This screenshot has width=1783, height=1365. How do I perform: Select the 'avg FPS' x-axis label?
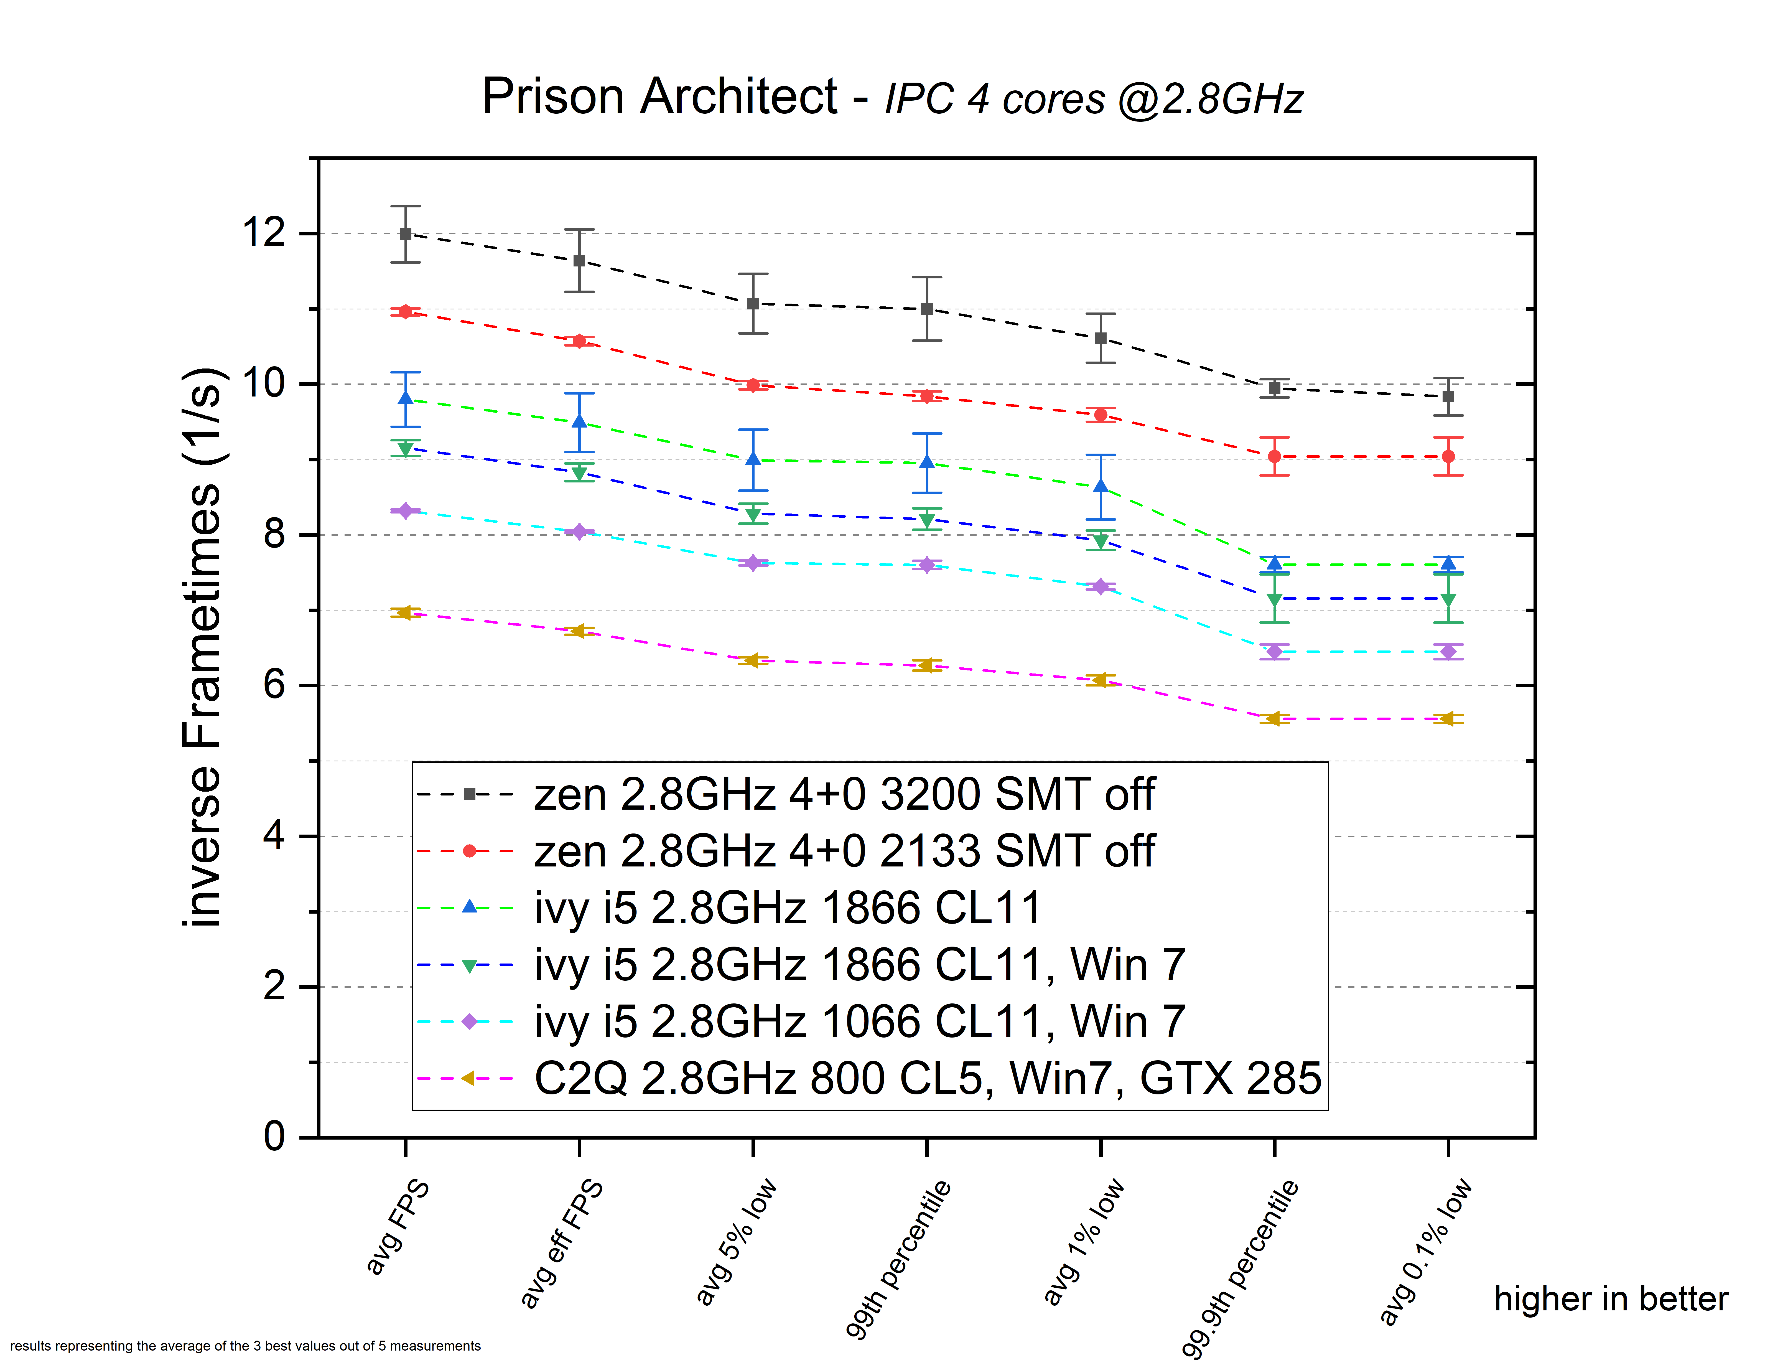[x=397, y=1227]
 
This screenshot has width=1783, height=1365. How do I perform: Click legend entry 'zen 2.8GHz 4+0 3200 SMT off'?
[x=843, y=795]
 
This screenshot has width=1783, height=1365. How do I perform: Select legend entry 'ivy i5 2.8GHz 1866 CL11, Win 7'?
[x=859, y=965]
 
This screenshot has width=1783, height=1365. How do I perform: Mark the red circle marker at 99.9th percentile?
[x=1275, y=457]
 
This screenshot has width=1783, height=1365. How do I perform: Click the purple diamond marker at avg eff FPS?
[x=579, y=532]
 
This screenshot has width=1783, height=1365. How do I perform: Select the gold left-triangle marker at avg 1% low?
[x=1101, y=680]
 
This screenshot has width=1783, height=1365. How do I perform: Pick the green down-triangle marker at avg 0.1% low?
[x=1448, y=601]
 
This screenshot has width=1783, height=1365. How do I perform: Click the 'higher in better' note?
[x=1611, y=1299]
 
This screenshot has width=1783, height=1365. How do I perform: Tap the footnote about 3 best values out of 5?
[x=245, y=1346]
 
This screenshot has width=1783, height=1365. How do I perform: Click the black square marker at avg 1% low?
[x=1101, y=338]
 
